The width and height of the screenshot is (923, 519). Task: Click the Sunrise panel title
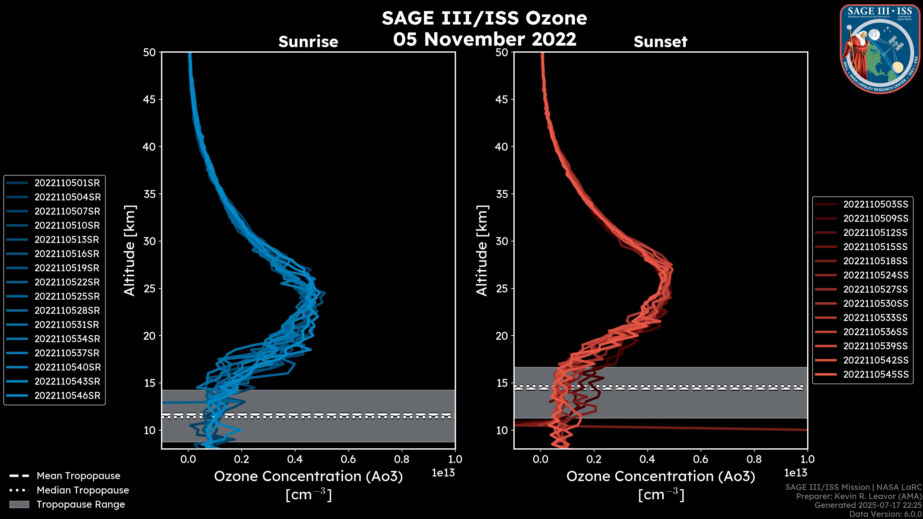pos(308,42)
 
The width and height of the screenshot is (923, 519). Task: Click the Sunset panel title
pos(660,42)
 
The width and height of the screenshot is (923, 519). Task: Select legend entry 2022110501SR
pos(67,183)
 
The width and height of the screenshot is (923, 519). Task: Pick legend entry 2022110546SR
pos(67,396)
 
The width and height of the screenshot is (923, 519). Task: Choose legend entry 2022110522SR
pos(67,282)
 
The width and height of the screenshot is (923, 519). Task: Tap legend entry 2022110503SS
pos(875,204)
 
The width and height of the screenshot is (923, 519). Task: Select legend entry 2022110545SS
pos(876,375)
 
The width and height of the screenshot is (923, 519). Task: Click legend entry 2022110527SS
pos(875,289)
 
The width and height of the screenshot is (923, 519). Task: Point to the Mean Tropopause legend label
pos(78,476)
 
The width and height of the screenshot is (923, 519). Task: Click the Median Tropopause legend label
pos(83,490)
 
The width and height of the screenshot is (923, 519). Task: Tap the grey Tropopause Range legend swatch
pos(19,504)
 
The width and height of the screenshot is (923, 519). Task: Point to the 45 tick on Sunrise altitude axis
pos(150,99)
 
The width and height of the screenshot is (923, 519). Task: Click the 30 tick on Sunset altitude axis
pos(502,241)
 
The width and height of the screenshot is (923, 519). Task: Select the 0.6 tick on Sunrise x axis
pos(348,459)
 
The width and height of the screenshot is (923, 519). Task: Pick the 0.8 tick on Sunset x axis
pos(754,459)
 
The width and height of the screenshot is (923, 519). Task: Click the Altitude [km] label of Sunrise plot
pos(129,251)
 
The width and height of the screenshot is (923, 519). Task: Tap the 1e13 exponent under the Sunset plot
pos(795,473)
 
